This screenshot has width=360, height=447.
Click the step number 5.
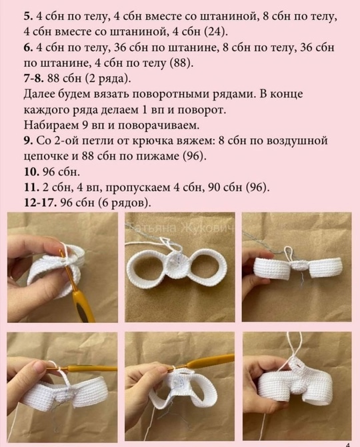point(27,17)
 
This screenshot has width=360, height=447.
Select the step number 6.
point(27,47)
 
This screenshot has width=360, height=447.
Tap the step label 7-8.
point(33,78)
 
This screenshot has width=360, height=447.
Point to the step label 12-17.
point(41,202)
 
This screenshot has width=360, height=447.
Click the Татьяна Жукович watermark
point(182,228)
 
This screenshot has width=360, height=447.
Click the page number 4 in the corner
point(349,445)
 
